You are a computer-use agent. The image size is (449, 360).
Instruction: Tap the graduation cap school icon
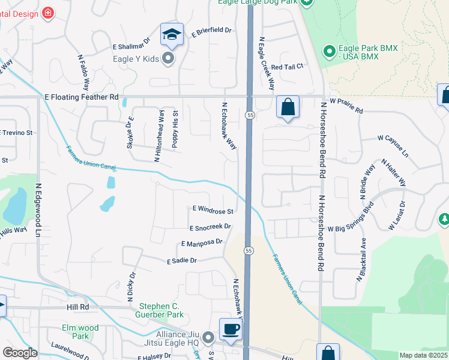pyautogui.click(x=172, y=34)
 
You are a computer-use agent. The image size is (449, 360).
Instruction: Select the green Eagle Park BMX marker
pyautogui.click(x=329, y=52)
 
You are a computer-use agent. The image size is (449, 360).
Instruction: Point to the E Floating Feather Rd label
pyautogui.click(x=82, y=97)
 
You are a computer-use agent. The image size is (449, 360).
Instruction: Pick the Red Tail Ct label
pyautogui.click(x=289, y=67)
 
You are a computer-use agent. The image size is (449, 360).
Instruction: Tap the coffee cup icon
pyautogui.click(x=231, y=328)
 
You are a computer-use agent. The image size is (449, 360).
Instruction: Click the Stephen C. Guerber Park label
pyautogui.click(x=161, y=310)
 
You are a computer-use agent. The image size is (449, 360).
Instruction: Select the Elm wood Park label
pyautogui.click(x=80, y=332)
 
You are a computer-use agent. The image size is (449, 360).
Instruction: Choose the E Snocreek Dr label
pyautogui.click(x=210, y=227)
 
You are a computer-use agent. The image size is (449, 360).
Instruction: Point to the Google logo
pyautogui.click(x=20, y=353)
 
